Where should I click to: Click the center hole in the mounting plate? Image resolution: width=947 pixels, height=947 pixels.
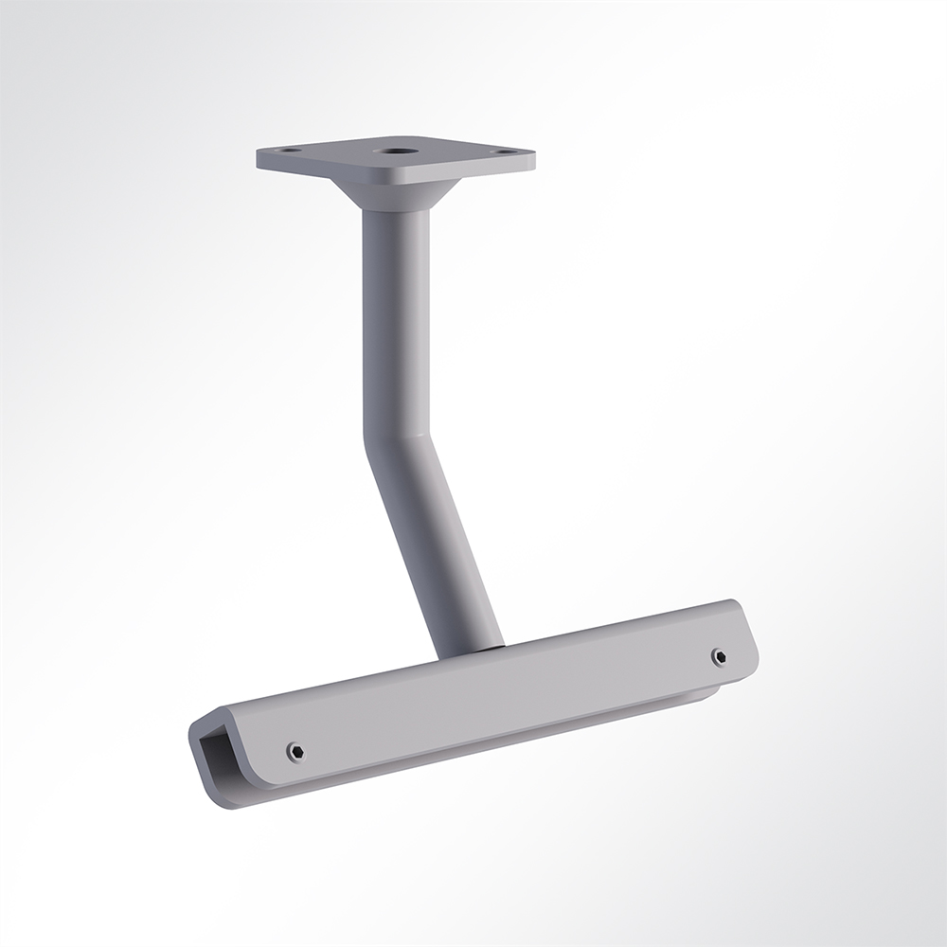392,150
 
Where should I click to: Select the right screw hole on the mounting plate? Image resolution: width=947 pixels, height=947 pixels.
503,151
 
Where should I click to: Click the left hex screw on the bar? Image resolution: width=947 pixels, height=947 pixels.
295,751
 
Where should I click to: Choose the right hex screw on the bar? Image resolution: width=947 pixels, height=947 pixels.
719,656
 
